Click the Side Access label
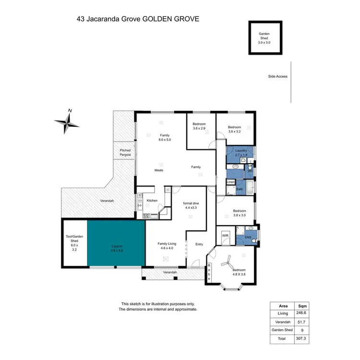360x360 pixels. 278,76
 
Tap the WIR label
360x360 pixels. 225,235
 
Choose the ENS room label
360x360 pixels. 248,237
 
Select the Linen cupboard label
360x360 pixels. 230,182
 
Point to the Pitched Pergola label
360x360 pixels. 125,153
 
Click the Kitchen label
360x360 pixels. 152,201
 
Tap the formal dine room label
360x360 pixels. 191,205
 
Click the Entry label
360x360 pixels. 199,244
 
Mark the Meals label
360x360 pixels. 159,170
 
